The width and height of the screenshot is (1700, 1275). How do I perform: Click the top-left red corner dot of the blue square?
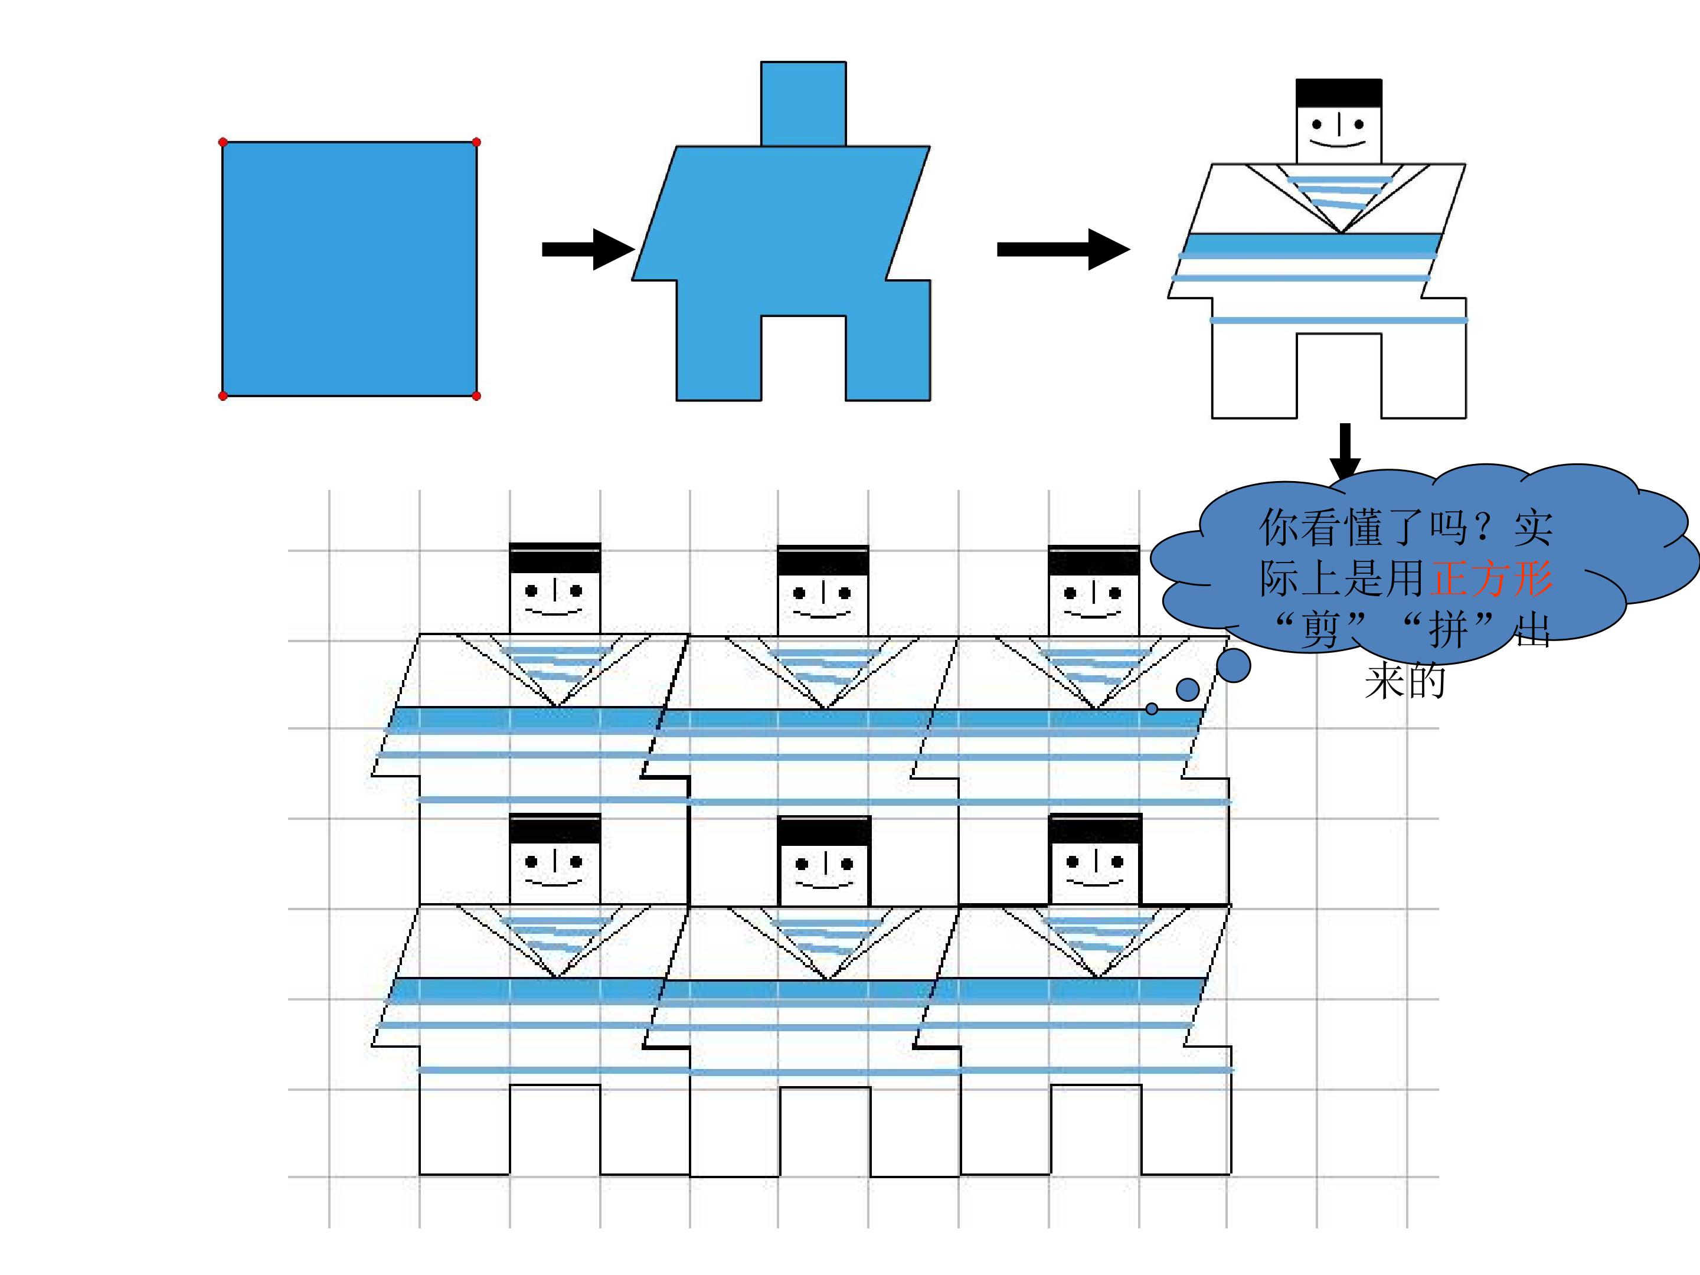pos(223,142)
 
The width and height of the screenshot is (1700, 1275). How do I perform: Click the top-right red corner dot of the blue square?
pos(476,142)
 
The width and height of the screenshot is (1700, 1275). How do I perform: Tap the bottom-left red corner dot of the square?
pos(223,396)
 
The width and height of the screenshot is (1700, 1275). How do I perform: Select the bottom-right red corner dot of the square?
pos(476,396)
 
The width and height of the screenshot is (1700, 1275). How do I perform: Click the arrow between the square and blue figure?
pos(588,249)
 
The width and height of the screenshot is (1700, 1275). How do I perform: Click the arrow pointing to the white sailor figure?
pos(1063,249)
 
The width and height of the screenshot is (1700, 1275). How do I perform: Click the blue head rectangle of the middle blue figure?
pos(803,104)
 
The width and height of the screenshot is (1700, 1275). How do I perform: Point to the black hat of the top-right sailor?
pos(1339,93)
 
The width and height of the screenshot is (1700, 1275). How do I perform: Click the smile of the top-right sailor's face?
pos(1338,143)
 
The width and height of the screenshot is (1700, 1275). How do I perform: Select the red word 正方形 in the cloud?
pos(1491,578)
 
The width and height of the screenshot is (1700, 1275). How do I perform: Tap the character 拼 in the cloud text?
pos(1449,630)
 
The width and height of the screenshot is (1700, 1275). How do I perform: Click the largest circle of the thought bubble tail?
pos(1234,666)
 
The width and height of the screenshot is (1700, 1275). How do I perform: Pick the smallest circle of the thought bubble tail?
pos(1151,708)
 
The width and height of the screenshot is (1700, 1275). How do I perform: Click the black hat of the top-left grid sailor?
pos(555,558)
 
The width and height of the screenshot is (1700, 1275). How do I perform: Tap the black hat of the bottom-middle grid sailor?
pos(824,830)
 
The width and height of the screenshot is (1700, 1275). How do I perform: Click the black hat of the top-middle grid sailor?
pos(823,560)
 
